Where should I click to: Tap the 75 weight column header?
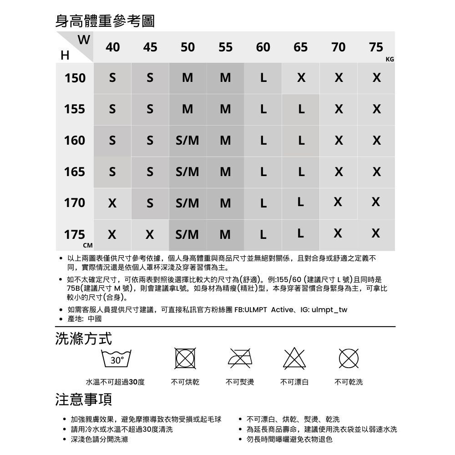pos(376,47)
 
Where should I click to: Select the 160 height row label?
pos(75,141)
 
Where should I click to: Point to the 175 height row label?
pos(75,235)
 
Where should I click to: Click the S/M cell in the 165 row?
pos(187,172)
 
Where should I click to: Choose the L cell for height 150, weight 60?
pos(263,78)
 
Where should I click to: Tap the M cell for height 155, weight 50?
pos(187,110)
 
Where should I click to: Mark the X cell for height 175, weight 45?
pos(150,235)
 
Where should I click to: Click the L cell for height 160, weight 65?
pos(300,141)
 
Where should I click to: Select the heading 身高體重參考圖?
pos(105,20)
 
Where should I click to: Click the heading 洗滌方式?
pos(83,339)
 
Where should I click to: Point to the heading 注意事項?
pos(83,399)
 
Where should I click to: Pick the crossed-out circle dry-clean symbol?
pos(349,359)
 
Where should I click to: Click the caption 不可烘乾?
pos(185,382)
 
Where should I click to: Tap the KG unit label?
pos(389,60)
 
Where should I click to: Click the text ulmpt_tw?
pos(329,310)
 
